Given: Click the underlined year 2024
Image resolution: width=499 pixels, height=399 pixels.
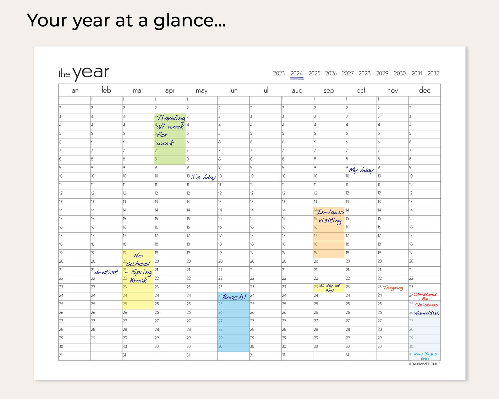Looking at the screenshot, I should (296, 74).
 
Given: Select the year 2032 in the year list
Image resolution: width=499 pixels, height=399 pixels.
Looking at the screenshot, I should (433, 74).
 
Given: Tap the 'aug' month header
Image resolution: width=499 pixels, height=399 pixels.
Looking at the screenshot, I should (297, 91).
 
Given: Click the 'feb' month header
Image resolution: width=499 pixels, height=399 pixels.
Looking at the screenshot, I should (106, 90).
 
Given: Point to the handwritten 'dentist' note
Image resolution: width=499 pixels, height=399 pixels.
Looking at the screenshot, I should (106, 272).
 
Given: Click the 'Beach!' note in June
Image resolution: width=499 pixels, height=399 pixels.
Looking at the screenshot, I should (234, 297).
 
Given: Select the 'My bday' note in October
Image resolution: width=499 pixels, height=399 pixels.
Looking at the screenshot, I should (361, 170).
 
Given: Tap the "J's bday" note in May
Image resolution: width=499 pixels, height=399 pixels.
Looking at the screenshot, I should (203, 177).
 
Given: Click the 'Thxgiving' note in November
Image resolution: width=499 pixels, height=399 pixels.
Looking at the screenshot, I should (393, 287).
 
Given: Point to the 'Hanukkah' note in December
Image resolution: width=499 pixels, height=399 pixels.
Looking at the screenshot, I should (426, 313).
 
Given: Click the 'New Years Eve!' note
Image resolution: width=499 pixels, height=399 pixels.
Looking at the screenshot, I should (425, 356).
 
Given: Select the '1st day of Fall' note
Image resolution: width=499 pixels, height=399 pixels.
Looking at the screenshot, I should (330, 288).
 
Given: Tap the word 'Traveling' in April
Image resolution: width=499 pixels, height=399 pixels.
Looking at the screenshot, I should (171, 118).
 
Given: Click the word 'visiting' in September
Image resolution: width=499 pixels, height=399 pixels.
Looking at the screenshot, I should (330, 220).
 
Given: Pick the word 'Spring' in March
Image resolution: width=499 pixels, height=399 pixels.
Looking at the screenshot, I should (141, 272).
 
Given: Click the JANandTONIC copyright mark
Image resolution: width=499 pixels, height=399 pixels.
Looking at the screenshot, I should (425, 364).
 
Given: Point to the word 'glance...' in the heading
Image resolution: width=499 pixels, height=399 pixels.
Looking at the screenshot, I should (189, 21).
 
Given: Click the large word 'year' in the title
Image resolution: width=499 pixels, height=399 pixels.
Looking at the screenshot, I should (91, 73).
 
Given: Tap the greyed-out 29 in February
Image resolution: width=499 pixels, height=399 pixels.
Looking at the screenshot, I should (93, 338).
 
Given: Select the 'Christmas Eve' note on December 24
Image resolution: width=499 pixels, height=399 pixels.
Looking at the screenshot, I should (425, 296).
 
